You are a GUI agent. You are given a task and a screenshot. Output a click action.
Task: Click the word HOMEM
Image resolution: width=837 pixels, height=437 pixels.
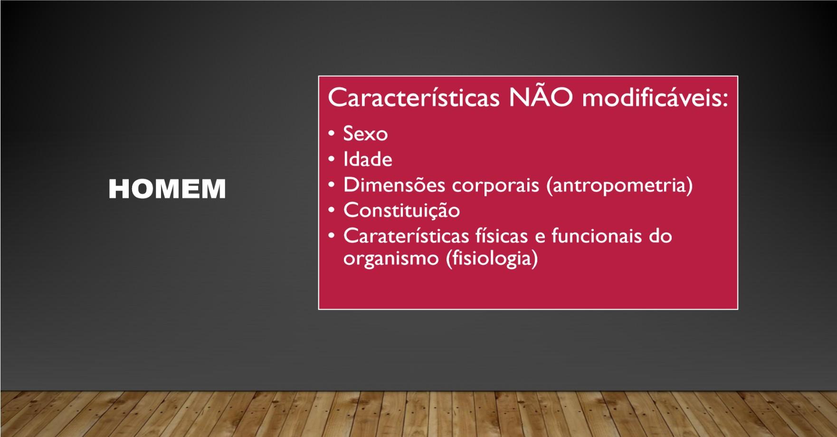(x=167, y=189)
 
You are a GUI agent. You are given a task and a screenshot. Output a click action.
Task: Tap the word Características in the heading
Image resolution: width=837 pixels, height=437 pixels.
(x=414, y=97)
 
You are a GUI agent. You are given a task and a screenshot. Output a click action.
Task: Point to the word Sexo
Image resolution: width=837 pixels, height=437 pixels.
(x=365, y=134)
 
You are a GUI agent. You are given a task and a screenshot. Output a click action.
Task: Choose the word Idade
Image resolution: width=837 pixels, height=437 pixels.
(x=368, y=159)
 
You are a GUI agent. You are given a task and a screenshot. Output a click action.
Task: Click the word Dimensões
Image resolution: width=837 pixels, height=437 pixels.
(x=394, y=185)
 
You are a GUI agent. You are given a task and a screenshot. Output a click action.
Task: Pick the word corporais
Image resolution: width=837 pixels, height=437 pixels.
(x=495, y=185)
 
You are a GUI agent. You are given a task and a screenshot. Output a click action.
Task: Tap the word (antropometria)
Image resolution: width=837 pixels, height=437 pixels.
(x=619, y=185)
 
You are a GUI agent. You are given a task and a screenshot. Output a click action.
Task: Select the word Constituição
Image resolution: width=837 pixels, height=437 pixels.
(x=401, y=211)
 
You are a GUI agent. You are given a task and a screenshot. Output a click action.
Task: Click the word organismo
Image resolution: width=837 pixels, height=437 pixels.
(x=391, y=259)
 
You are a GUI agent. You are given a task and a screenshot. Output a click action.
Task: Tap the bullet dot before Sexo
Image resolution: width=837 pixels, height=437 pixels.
(x=332, y=134)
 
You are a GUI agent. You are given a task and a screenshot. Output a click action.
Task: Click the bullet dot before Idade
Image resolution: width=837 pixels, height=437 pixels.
(x=332, y=159)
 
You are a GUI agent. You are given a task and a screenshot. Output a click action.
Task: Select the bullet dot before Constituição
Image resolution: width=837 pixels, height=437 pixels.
(x=332, y=210)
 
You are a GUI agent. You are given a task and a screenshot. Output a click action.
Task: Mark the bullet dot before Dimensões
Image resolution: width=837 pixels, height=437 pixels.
(x=332, y=185)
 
